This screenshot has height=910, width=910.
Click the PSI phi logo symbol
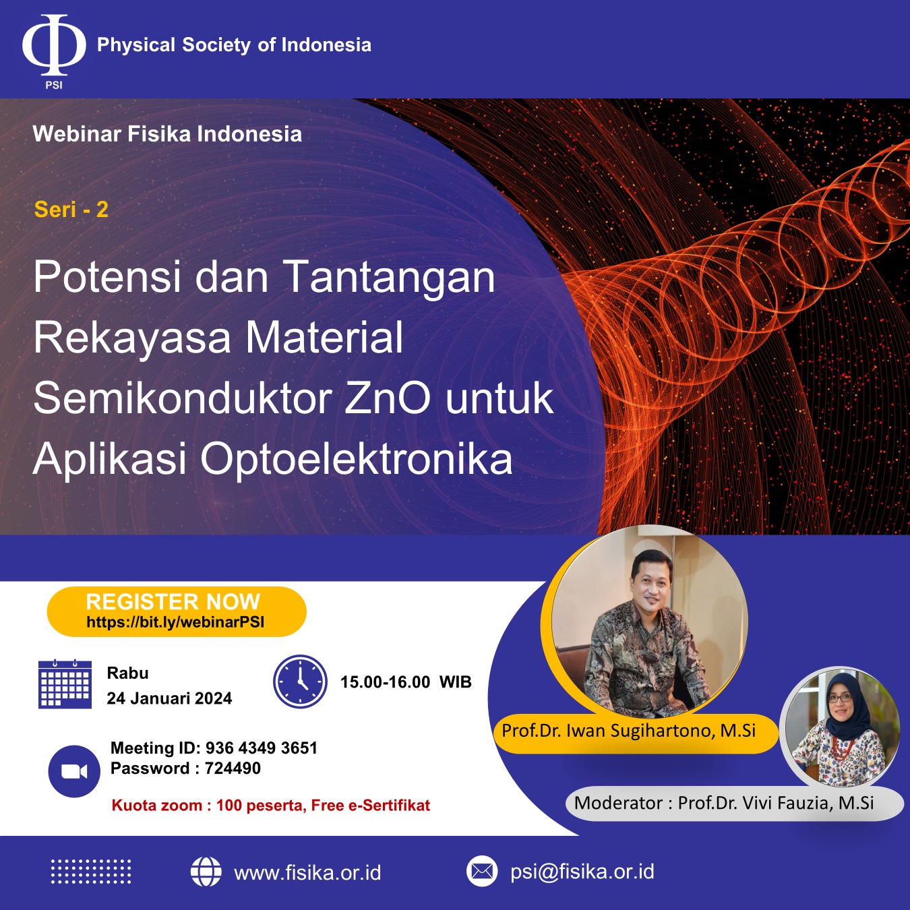pyautogui.click(x=54, y=45)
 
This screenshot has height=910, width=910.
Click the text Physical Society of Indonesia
pyautogui.click(x=234, y=45)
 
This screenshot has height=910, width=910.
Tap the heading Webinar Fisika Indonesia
pyautogui.click(x=167, y=134)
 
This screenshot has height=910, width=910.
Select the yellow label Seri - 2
pyautogui.click(x=71, y=209)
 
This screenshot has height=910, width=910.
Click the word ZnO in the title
pyautogui.click(x=387, y=398)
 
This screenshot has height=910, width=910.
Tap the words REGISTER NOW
pyautogui.click(x=173, y=602)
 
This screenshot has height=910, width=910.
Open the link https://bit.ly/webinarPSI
pyautogui.click(x=175, y=622)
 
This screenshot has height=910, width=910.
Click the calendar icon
pyautogui.click(x=65, y=684)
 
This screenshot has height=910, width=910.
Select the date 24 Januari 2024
pyautogui.click(x=170, y=698)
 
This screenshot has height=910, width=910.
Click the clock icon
pyautogui.click(x=300, y=681)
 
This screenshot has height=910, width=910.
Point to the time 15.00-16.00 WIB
pyautogui.click(x=406, y=682)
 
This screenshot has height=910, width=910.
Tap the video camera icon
pyautogui.click(x=74, y=772)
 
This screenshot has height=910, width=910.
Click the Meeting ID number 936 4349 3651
pyautogui.click(x=262, y=748)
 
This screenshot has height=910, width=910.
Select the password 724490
pyautogui.click(x=233, y=768)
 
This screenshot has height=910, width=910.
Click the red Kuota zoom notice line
pyautogui.click(x=270, y=805)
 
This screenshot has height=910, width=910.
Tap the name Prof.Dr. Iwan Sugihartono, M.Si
pyautogui.click(x=628, y=731)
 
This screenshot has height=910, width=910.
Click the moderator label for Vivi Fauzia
pyautogui.click(x=724, y=803)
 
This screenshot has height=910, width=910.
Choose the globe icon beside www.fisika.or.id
pyautogui.click(x=206, y=872)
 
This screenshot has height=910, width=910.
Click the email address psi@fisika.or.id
pyautogui.click(x=582, y=872)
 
